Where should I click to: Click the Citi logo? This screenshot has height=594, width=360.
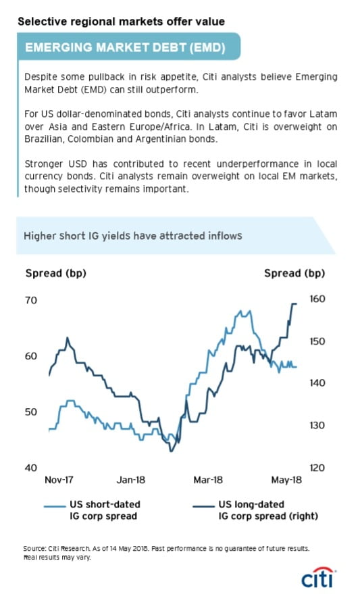(318, 577)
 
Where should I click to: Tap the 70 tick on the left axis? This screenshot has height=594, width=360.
(31, 301)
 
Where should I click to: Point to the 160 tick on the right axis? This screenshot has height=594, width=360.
(317, 299)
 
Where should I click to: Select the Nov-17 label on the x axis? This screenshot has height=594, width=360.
(59, 480)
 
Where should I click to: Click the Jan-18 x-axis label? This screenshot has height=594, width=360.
(130, 480)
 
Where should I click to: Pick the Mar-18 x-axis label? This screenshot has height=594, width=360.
(208, 480)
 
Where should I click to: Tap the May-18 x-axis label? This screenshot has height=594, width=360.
(286, 480)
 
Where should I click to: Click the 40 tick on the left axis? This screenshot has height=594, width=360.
(31, 468)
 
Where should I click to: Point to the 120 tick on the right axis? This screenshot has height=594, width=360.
(317, 468)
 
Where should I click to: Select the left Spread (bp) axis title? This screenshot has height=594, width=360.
(55, 274)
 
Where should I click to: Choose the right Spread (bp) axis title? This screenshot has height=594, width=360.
(294, 274)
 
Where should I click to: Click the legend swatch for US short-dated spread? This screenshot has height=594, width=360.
(55, 506)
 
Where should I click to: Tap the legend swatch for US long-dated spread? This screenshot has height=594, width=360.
(204, 506)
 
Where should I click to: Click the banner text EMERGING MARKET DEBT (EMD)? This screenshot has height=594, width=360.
(126, 48)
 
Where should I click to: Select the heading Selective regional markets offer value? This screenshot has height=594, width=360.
(121, 22)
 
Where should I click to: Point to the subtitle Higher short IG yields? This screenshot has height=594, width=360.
(133, 236)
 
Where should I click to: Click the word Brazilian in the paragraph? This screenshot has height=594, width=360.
(44, 139)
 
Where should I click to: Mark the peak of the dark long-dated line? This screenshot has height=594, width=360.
(294, 303)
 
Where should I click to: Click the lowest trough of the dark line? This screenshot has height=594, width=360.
(171, 451)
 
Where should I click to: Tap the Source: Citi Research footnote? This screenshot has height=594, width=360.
(166, 553)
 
